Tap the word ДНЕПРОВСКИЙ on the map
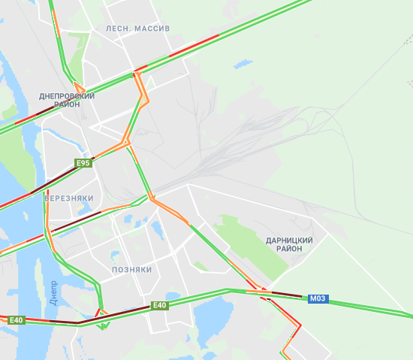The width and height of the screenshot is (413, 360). tap(67, 96)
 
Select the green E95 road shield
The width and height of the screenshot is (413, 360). tap(83, 162)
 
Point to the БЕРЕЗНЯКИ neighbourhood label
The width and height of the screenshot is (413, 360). tap(68, 198)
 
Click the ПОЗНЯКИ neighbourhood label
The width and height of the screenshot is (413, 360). tap(131, 269)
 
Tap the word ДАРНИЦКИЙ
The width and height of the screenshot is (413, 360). tap(289, 240)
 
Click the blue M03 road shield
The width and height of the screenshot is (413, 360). tap(318, 298)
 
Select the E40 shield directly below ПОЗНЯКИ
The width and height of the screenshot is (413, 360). tap(159, 305)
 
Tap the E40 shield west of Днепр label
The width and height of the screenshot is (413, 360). tap(17, 320)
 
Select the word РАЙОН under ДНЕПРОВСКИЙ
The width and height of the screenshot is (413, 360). tap(67, 104)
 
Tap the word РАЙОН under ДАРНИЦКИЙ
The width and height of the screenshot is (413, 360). tap(289, 249)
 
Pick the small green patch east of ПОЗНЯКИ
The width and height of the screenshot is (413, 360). tap(200, 266)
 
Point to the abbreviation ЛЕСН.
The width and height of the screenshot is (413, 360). tap(119, 28)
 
